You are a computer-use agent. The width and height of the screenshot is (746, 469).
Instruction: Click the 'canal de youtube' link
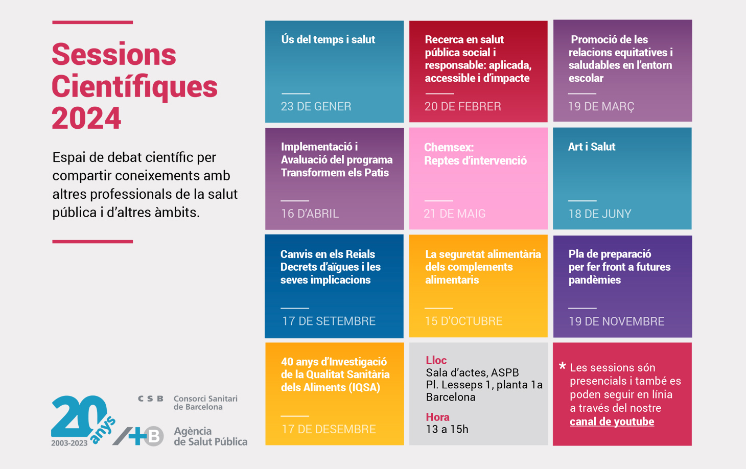click(612, 421)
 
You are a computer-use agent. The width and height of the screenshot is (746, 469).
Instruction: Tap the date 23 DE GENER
click(316, 106)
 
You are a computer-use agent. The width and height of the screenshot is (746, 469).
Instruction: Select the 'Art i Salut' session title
click(591, 147)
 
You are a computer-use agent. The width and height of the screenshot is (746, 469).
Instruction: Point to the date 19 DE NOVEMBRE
click(616, 321)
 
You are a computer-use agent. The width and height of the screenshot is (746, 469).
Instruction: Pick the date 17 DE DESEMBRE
click(329, 429)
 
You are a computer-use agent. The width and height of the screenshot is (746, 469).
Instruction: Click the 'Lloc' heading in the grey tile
click(436, 360)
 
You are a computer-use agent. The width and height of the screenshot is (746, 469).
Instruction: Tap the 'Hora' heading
click(437, 417)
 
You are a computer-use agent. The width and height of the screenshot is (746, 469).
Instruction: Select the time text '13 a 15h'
click(447, 429)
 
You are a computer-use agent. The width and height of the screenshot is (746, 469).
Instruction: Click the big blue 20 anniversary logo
click(79, 416)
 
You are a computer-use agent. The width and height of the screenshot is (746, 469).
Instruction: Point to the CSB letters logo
click(151, 398)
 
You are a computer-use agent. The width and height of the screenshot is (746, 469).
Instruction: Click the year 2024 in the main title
click(86, 119)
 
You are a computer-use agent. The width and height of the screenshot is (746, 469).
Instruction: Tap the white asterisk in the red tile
click(562, 366)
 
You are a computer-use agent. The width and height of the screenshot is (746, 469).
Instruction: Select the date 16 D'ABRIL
click(310, 214)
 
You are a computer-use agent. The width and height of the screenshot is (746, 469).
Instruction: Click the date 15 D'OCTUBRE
click(463, 321)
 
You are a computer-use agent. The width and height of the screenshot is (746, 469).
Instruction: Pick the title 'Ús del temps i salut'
click(328, 39)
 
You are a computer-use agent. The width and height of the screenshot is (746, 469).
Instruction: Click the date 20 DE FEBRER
click(462, 106)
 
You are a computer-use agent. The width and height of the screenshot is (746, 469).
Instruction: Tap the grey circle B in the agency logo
click(153, 436)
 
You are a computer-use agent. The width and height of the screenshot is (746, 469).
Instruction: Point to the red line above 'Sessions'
click(92, 22)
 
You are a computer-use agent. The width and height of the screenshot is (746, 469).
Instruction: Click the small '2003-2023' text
click(69, 443)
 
